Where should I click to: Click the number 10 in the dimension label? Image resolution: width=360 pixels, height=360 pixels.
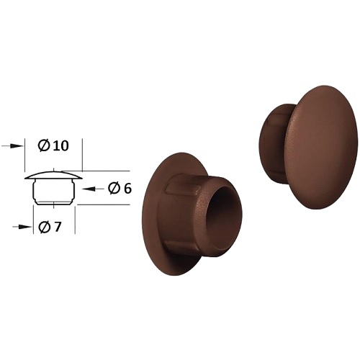pos(60,145)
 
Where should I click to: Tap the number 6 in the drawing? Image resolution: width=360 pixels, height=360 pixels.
pos(127,189)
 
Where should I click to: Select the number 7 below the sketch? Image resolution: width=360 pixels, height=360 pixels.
pos(58,227)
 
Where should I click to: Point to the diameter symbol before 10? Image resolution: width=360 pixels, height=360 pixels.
pos(44,145)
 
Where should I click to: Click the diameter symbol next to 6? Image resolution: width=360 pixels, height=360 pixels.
pos(114,189)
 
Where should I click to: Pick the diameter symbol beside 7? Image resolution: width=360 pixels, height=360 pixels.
pos(45,227)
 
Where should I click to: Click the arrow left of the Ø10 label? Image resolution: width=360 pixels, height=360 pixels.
pos(12,146)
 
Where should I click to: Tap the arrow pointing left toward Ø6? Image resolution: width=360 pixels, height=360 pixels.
pos(93,189)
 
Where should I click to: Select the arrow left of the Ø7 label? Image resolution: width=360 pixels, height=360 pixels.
pos(22,227)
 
